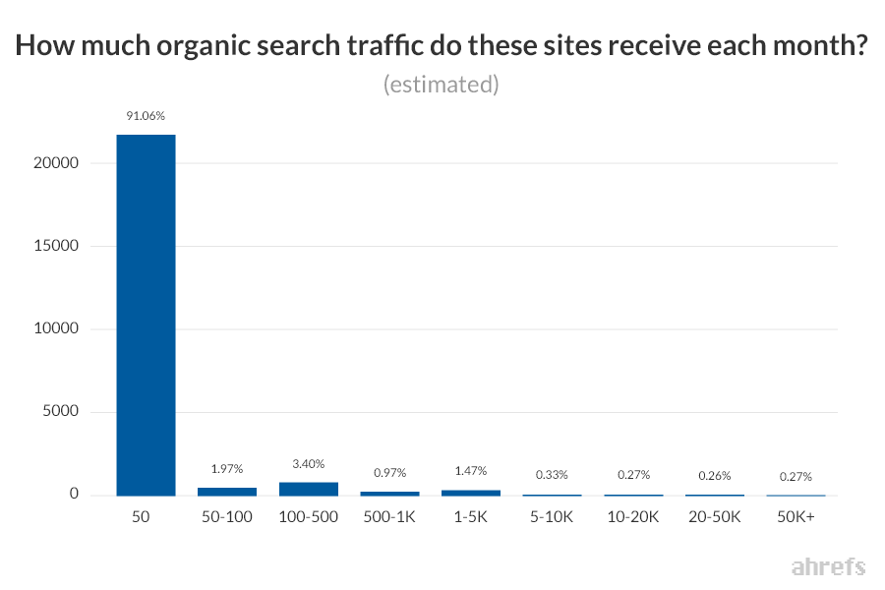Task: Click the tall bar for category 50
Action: pos(146,315)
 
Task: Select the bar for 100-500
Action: pos(309,489)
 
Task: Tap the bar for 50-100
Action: pos(227,491)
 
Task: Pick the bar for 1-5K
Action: pos(471,492)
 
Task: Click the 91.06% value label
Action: pos(146,116)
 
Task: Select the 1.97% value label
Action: pos(227,470)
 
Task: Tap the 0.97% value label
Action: pos(389,474)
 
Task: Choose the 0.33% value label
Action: pos(553,476)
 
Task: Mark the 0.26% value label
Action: pos(715,477)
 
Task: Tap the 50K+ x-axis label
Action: pos(796,516)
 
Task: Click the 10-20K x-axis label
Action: pos(633,516)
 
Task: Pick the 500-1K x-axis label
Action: pos(389,516)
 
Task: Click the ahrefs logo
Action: pos(828,566)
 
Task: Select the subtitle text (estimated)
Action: pos(442,85)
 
